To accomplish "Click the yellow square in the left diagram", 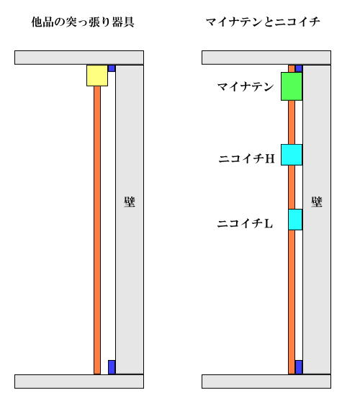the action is pyautogui.click(x=97, y=76).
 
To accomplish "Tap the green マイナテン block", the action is pyautogui.click(x=292, y=86).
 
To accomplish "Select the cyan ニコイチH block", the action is pyautogui.click(x=292, y=155).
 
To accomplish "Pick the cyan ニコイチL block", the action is pyautogui.click(x=295, y=220).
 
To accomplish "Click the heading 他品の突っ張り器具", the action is pyautogui.click(x=83, y=22).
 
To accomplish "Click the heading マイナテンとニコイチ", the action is pyautogui.click(x=263, y=22).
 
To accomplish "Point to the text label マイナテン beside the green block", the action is pyautogui.click(x=246, y=87).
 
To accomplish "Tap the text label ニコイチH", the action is pyautogui.click(x=246, y=159).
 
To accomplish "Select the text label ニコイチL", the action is pyautogui.click(x=245, y=223).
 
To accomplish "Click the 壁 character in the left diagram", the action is pyautogui.click(x=130, y=202).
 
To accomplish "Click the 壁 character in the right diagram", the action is pyautogui.click(x=317, y=202).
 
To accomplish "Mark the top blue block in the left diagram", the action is pyautogui.click(x=112, y=68).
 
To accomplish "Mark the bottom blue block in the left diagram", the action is pyautogui.click(x=112, y=367).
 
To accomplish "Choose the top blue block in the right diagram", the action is pyautogui.click(x=299, y=68).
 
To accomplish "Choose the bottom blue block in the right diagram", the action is pyautogui.click(x=299, y=367).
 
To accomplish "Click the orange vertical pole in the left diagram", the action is pyautogui.click(x=97, y=230).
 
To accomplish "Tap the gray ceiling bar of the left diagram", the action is pyautogui.click(x=79, y=58).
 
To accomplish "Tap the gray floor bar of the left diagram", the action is pyautogui.click(x=79, y=382).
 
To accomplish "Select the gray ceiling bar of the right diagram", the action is pyautogui.click(x=266, y=58).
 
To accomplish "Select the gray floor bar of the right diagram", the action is pyautogui.click(x=266, y=382).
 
